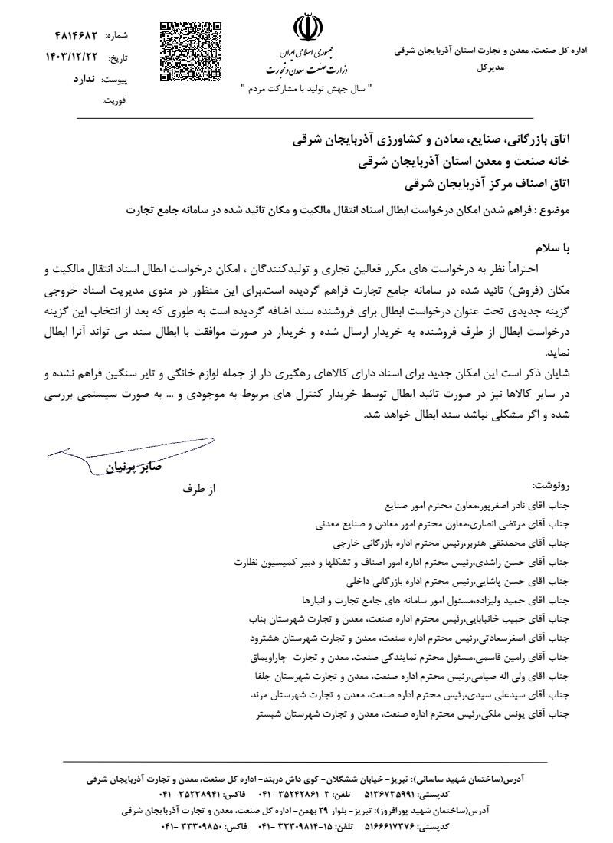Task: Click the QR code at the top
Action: point(190,51)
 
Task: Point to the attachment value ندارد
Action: point(77,79)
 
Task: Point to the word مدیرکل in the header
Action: point(491,67)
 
